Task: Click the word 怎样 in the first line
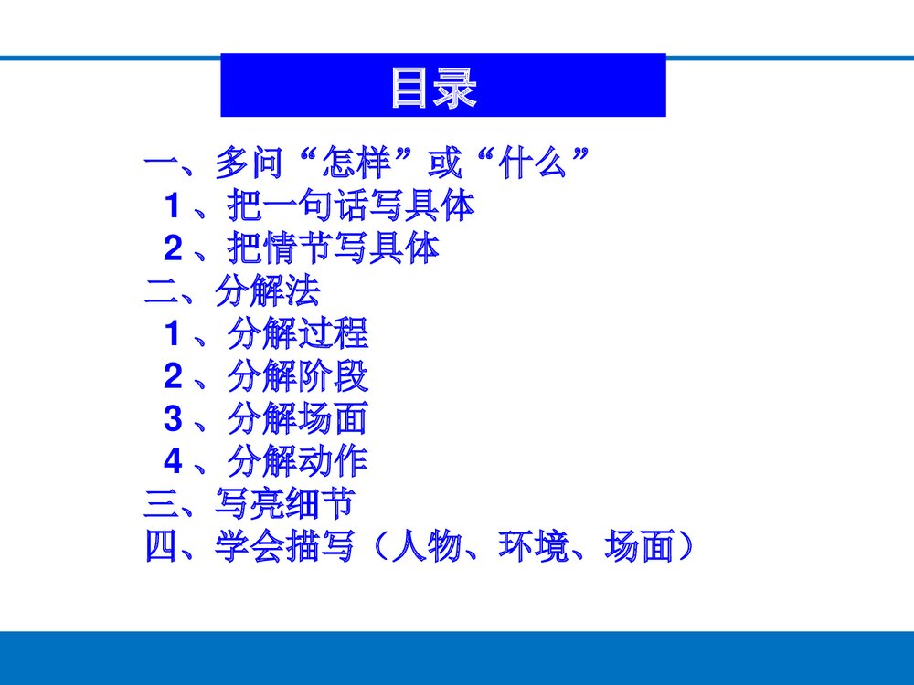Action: (x=356, y=165)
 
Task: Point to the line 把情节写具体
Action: (x=333, y=249)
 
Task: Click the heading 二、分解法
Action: (x=232, y=292)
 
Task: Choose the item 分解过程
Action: (x=297, y=335)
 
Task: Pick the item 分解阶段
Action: (x=297, y=377)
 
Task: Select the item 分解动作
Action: (x=297, y=462)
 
